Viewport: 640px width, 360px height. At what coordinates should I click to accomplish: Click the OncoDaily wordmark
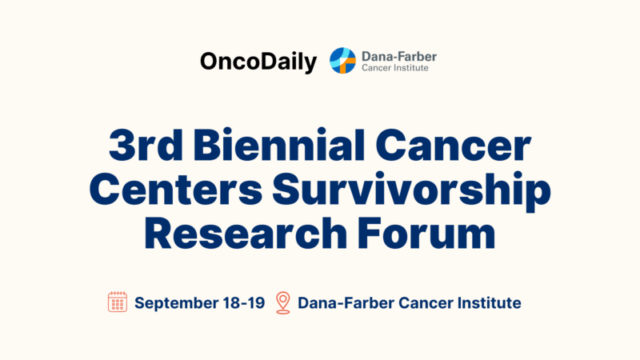point(258,62)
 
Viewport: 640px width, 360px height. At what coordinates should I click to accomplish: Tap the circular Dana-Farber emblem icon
point(343,60)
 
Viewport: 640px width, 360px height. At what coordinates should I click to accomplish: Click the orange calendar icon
point(118,302)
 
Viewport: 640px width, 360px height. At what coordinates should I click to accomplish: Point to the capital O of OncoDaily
point(210,62)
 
